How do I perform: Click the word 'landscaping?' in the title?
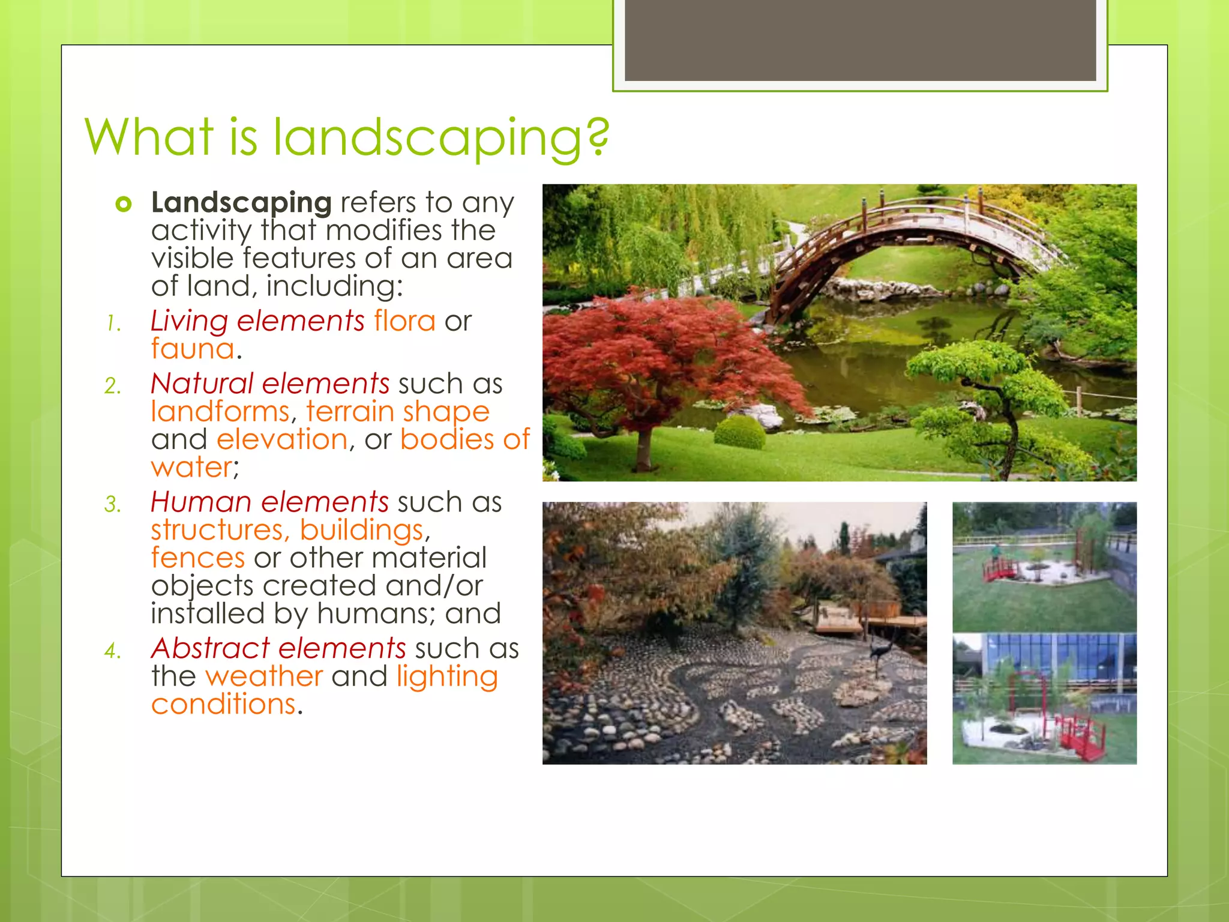[441, 138]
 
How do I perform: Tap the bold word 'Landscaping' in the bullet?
[241, 203]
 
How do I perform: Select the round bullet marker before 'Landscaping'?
[124, 205]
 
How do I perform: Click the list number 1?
[113, 324]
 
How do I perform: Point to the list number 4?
[113, 651]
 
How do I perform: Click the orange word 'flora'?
[404, 321]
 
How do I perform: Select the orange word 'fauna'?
[193, 349]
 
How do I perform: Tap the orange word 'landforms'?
[220, 412]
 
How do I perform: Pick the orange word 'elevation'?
[282, 439]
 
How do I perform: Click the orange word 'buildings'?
[362, 530]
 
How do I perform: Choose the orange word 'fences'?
[197, 558]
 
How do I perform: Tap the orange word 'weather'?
[264, 676]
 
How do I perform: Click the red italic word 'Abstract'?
[211, 648]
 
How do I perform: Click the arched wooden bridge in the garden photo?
[900, 240]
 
